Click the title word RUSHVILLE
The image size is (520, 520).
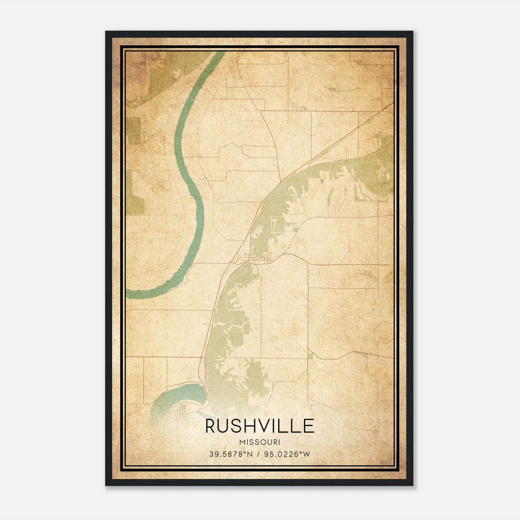(259, 426)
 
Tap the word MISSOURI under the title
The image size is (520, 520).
(259, 442)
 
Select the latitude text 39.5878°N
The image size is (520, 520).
(231, 454)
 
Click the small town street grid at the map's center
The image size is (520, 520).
(257, 259)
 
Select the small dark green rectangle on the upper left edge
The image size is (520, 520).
(134, 131)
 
